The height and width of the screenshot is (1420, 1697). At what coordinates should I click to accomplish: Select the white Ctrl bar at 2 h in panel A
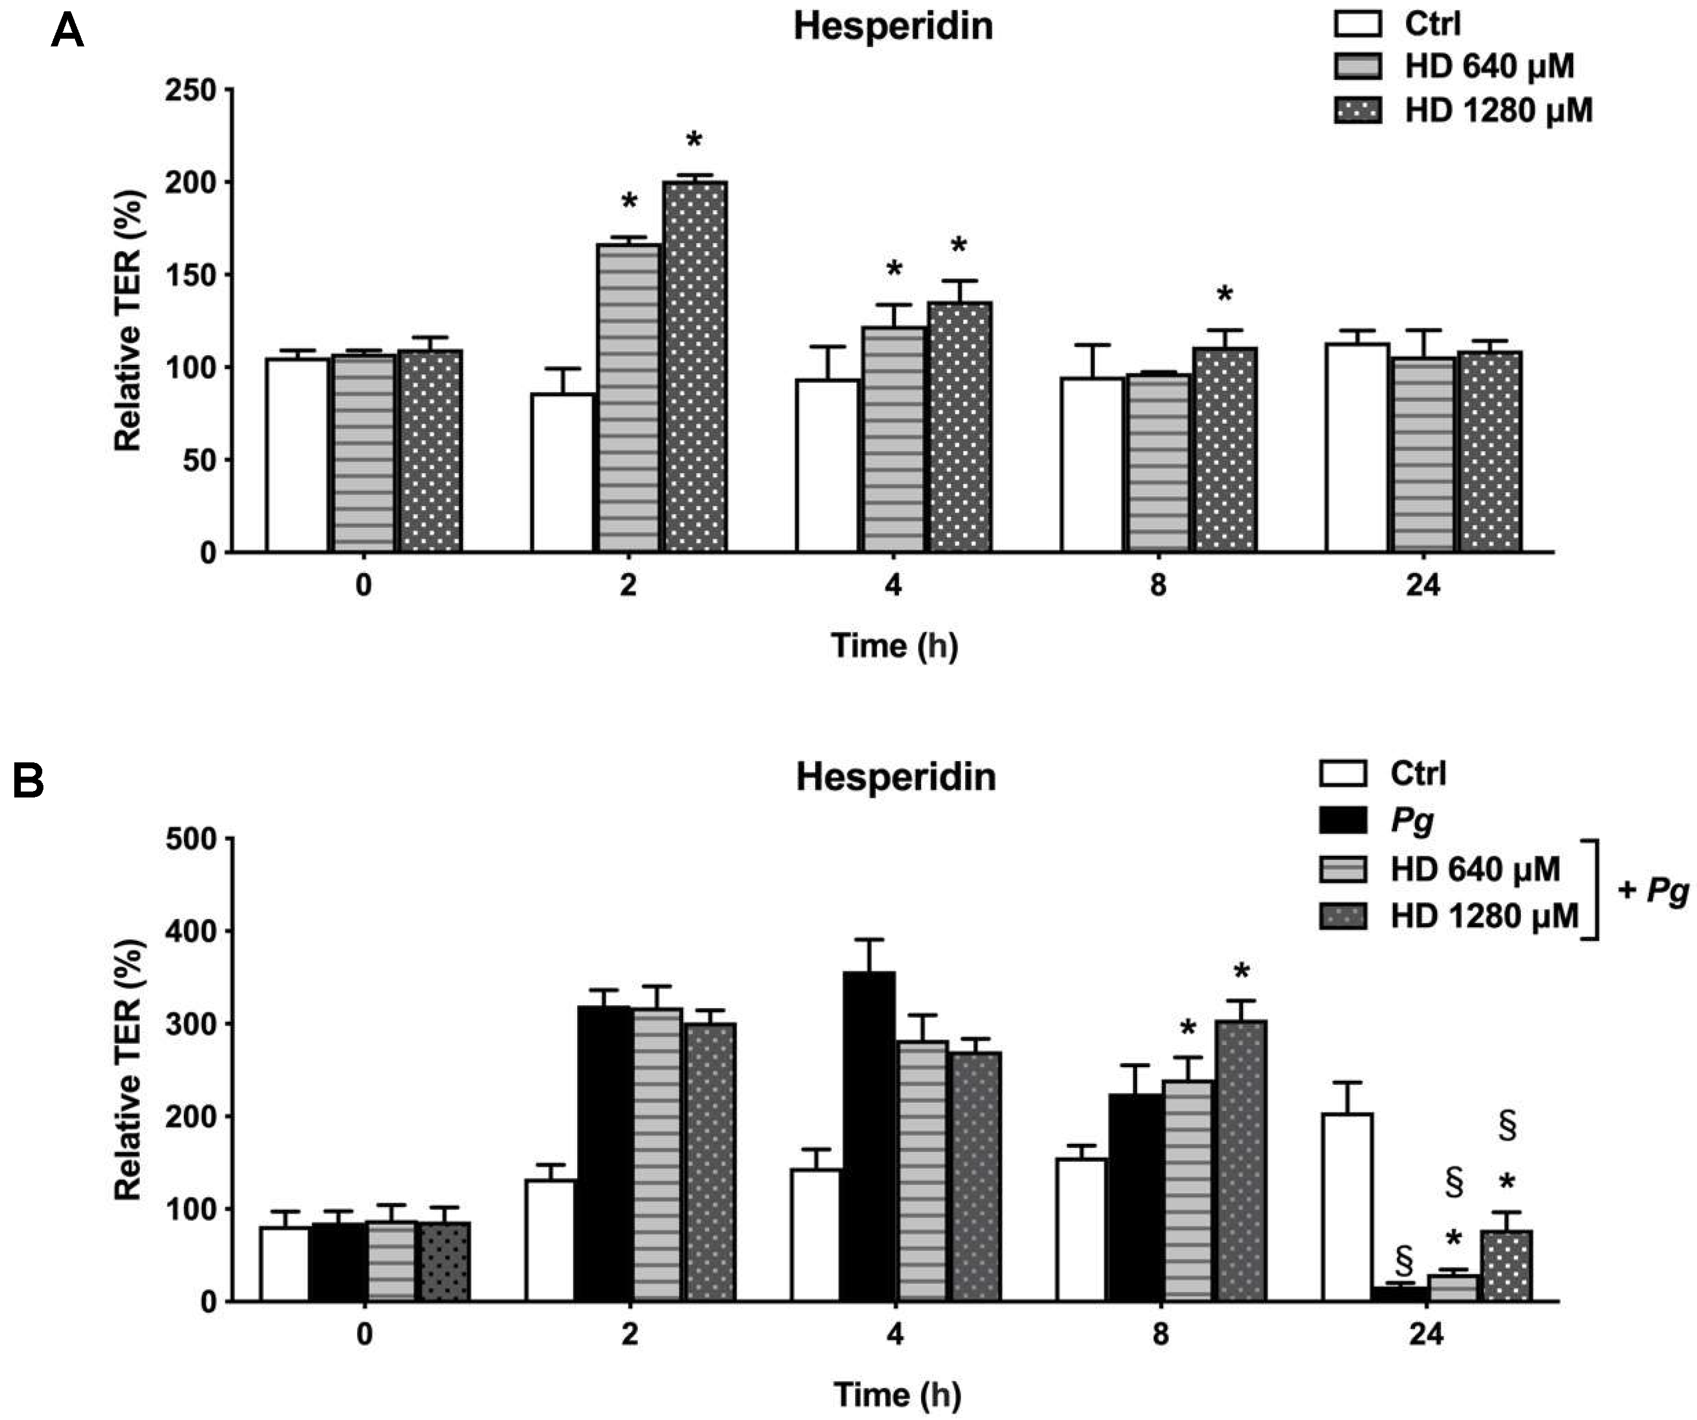point(562,473)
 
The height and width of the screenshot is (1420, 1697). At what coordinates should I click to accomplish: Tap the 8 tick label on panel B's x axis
point(1160,1334)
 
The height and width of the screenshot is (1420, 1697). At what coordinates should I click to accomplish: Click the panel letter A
point(67,32)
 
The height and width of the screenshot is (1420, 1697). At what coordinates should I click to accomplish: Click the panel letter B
point(29,781)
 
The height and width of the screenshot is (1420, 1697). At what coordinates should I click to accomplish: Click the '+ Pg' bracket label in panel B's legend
point(1652,891)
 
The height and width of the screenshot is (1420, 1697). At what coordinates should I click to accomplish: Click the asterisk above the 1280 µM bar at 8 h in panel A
point(1225,295)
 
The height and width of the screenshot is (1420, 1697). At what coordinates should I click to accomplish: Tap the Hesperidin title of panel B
point(896,777)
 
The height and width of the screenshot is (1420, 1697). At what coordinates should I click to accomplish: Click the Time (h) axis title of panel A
point(894,646)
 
